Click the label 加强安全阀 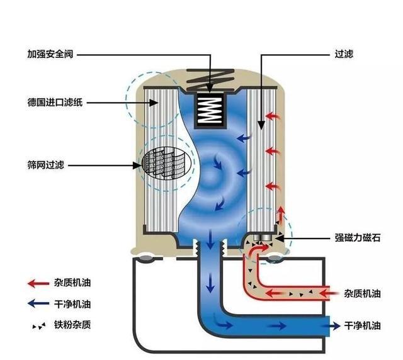tap(50, 54)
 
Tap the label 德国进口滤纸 tap(55, 103)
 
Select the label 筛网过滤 tap(45, 165)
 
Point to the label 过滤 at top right tap(344, 54)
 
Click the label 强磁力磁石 tap(358, 238)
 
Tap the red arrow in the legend tap(38, 284)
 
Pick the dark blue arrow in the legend tap(38, 303)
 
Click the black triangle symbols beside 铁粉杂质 tap(39, 327)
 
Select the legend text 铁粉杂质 tap(72, 325)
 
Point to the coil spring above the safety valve tap(210, 79)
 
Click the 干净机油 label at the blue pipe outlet tap(362, 326)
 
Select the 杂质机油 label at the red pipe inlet tap(362, 293)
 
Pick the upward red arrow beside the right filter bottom tap(281, 215)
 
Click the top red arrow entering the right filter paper tap(273, 116)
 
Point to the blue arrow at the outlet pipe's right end tap(332, 326)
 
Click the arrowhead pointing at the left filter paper tap(154, 103)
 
